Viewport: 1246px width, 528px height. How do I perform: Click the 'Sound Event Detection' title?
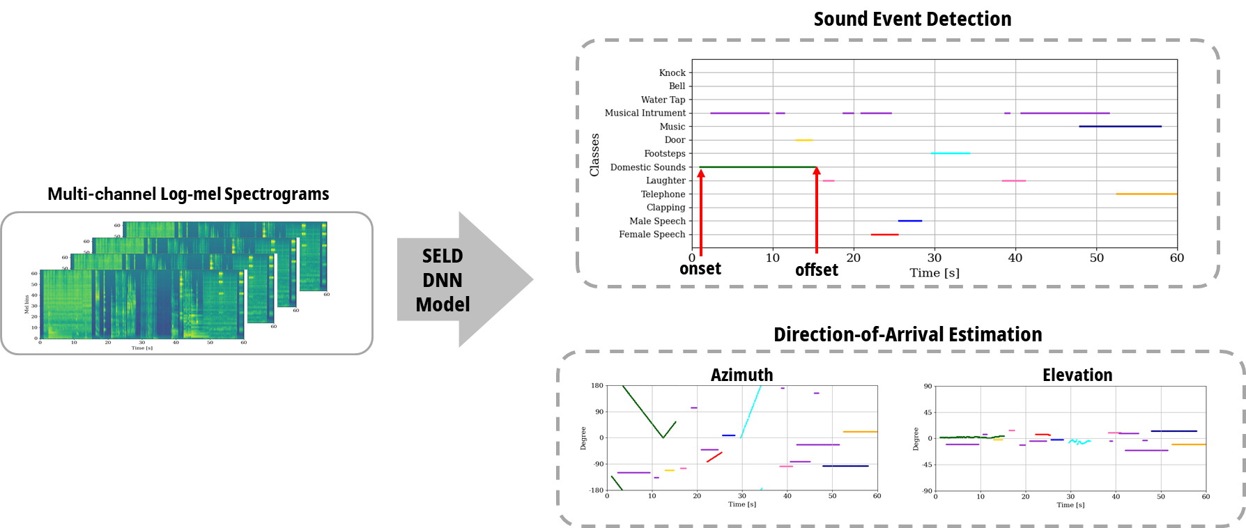tap(912, 20)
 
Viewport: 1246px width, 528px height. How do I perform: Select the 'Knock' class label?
tap(672, 72)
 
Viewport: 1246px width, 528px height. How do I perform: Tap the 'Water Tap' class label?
tap(663, 100)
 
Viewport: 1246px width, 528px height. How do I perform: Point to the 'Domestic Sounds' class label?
tap(647, 167)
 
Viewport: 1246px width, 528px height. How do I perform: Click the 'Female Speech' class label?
tap(652, 234)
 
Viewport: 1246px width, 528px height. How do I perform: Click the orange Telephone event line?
tap(1146, 194)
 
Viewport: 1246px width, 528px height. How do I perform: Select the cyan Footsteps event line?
tap(950, 153)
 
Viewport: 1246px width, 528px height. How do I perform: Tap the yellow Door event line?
tap(803, 140)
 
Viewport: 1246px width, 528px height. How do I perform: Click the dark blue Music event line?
tap(1120, 127)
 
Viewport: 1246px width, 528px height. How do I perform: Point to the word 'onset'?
tap(700, 270)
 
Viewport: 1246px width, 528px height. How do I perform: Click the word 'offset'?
tap(817, 270)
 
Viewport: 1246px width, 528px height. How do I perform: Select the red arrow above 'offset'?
tap(817, 209)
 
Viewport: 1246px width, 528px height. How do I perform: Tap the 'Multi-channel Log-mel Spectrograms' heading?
tap(188, 194)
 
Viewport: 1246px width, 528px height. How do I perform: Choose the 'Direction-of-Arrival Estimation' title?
tap(907, 335)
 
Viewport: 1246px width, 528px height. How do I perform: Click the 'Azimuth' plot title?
tap(741, 375)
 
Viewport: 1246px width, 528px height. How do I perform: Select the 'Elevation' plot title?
tap(1077, 375)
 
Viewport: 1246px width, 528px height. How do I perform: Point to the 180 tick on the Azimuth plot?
tap(597, 386)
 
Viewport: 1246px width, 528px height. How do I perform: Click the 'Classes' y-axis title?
tap(594, 155)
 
